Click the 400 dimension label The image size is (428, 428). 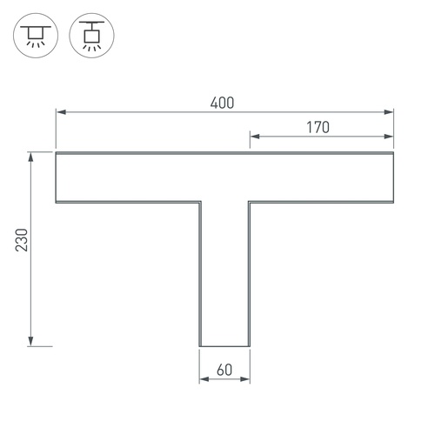tap(222, 103)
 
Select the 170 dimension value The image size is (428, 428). tap(318, 128)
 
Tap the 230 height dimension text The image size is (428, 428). tap(22, 240)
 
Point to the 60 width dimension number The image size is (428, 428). tap(224, 370)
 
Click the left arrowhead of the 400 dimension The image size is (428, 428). tap(61, 112)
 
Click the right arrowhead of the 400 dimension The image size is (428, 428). tap(389, 112)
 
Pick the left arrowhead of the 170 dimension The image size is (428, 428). tap(255, 137)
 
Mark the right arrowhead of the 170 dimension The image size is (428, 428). tap(389, 137)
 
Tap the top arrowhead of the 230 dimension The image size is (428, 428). tap(30, 157)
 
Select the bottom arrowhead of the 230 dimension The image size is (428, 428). tap(30, 341)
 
